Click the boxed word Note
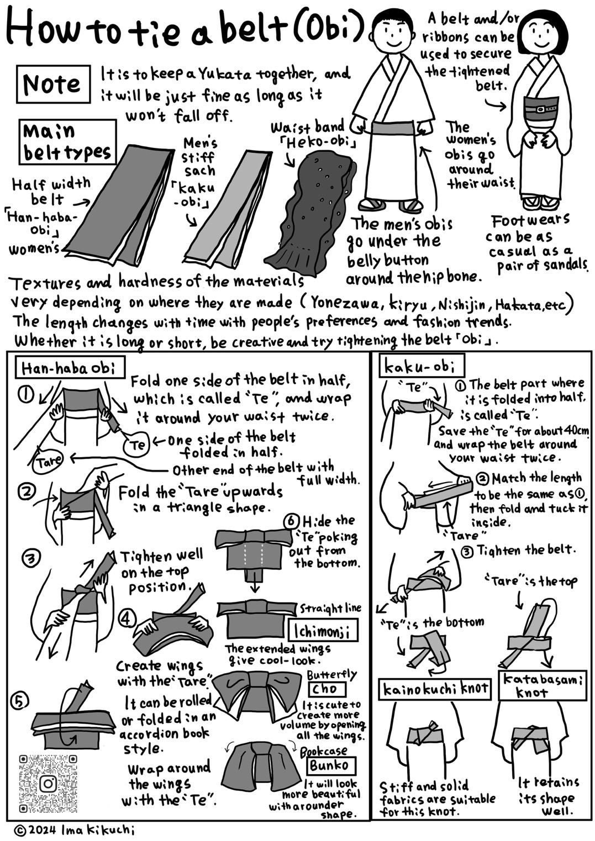pyautogui.click(x=53, y=84)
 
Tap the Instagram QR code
pyautogui.click(x=48, y=784)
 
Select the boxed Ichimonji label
pyautogui.click(x=323, y=631)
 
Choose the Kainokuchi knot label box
pyautogui.click(x=435, y=689)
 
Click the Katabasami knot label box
pyautogui.click(x=543, y=685)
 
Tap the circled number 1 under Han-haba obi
pyautogui.click(x=27, y=395)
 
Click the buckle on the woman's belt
pyautogui.click(x=539, y=109)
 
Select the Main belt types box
pyautogui.click(x=67, y=142)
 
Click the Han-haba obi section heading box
pyautogui.click(x=70, y=369)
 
